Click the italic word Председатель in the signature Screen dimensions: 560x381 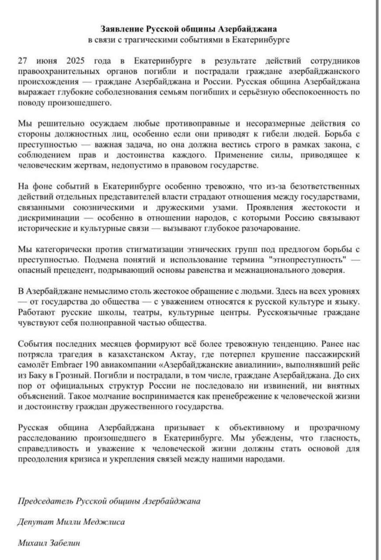(45, 501)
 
